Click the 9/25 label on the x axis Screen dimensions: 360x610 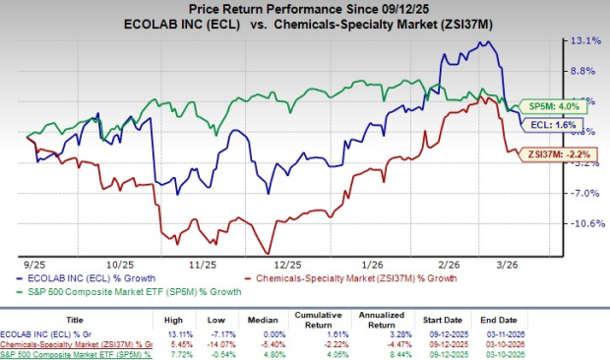[x=33, y=265]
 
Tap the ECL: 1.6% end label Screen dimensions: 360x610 [x=539, y=126]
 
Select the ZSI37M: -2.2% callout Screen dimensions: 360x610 [x=546, y=155]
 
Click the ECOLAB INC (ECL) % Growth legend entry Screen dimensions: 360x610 [x=79, y=278]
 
